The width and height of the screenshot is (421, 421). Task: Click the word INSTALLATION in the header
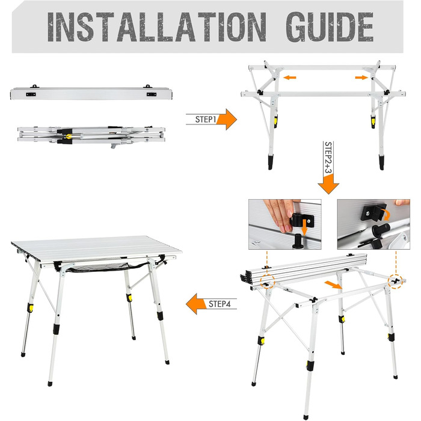pyautogui.click(x=157, y=27)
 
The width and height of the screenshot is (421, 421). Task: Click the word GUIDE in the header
pyautogui.click(x=330, y=27)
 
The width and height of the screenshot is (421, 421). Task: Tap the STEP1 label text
pyautogui.click(x=206, y=119)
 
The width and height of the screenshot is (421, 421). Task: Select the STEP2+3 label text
pyautogui.click(x=328, y=158)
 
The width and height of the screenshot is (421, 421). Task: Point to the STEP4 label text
pyautogui.click(x=220, y=304)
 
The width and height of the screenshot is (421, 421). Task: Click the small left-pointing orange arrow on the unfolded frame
pyautogui.click(x=290, y=78)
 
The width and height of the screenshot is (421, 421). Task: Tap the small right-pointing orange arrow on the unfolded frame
pyautogui.click(x=361, y=78)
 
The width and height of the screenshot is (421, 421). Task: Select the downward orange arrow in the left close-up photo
pyautogui.click(x=304, y=227)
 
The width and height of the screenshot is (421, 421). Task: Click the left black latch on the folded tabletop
pyautogui.click(x=31, y=94)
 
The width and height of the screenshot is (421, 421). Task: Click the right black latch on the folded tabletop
pyautogui.click(x=152, y=94)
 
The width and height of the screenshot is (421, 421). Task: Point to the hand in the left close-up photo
pyautogui.click(x=280, y=215)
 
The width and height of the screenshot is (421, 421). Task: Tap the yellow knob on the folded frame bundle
pyautogui.click(x=69, y=137)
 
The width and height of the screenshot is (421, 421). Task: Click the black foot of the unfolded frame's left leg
pyautogui.click(x=271, y=162)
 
